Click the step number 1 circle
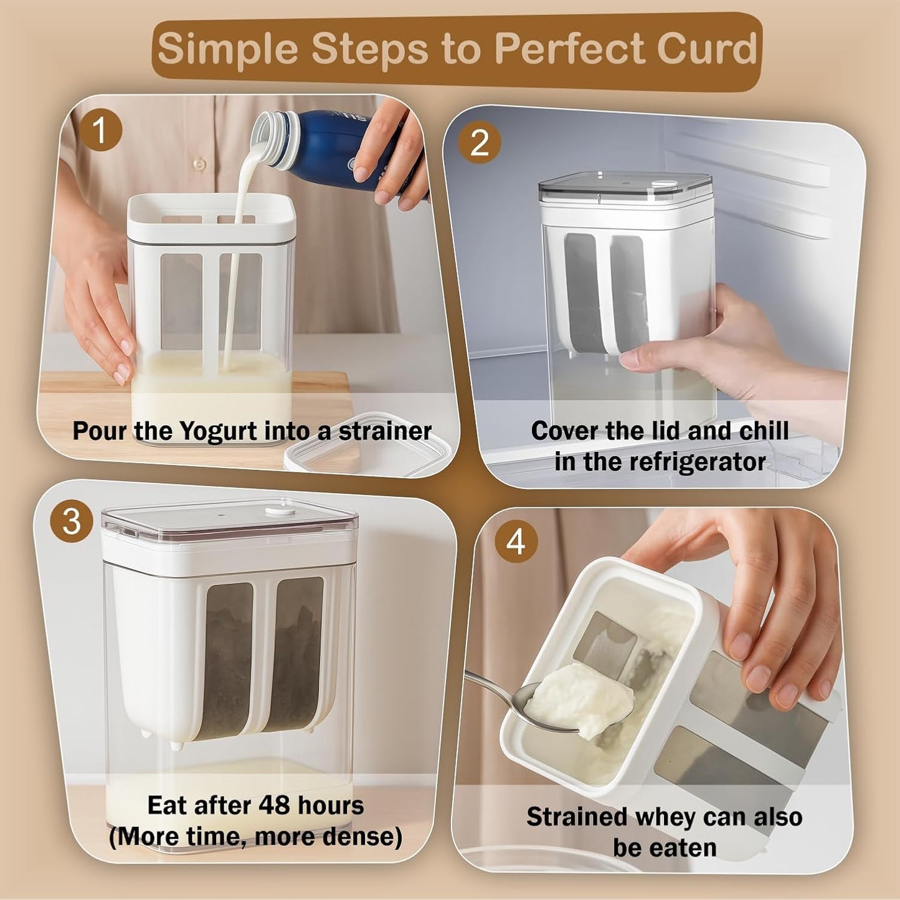[x=100, y=131]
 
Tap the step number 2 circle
[x=479, y=143]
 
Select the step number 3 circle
[x=72, y=522]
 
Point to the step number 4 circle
[x=516, y=542]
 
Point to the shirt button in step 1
[x=199, y=164]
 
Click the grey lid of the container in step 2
[x=625, y=186]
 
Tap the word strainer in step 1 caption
[x=385, y=431]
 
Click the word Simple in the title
[x=227, y=49]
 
